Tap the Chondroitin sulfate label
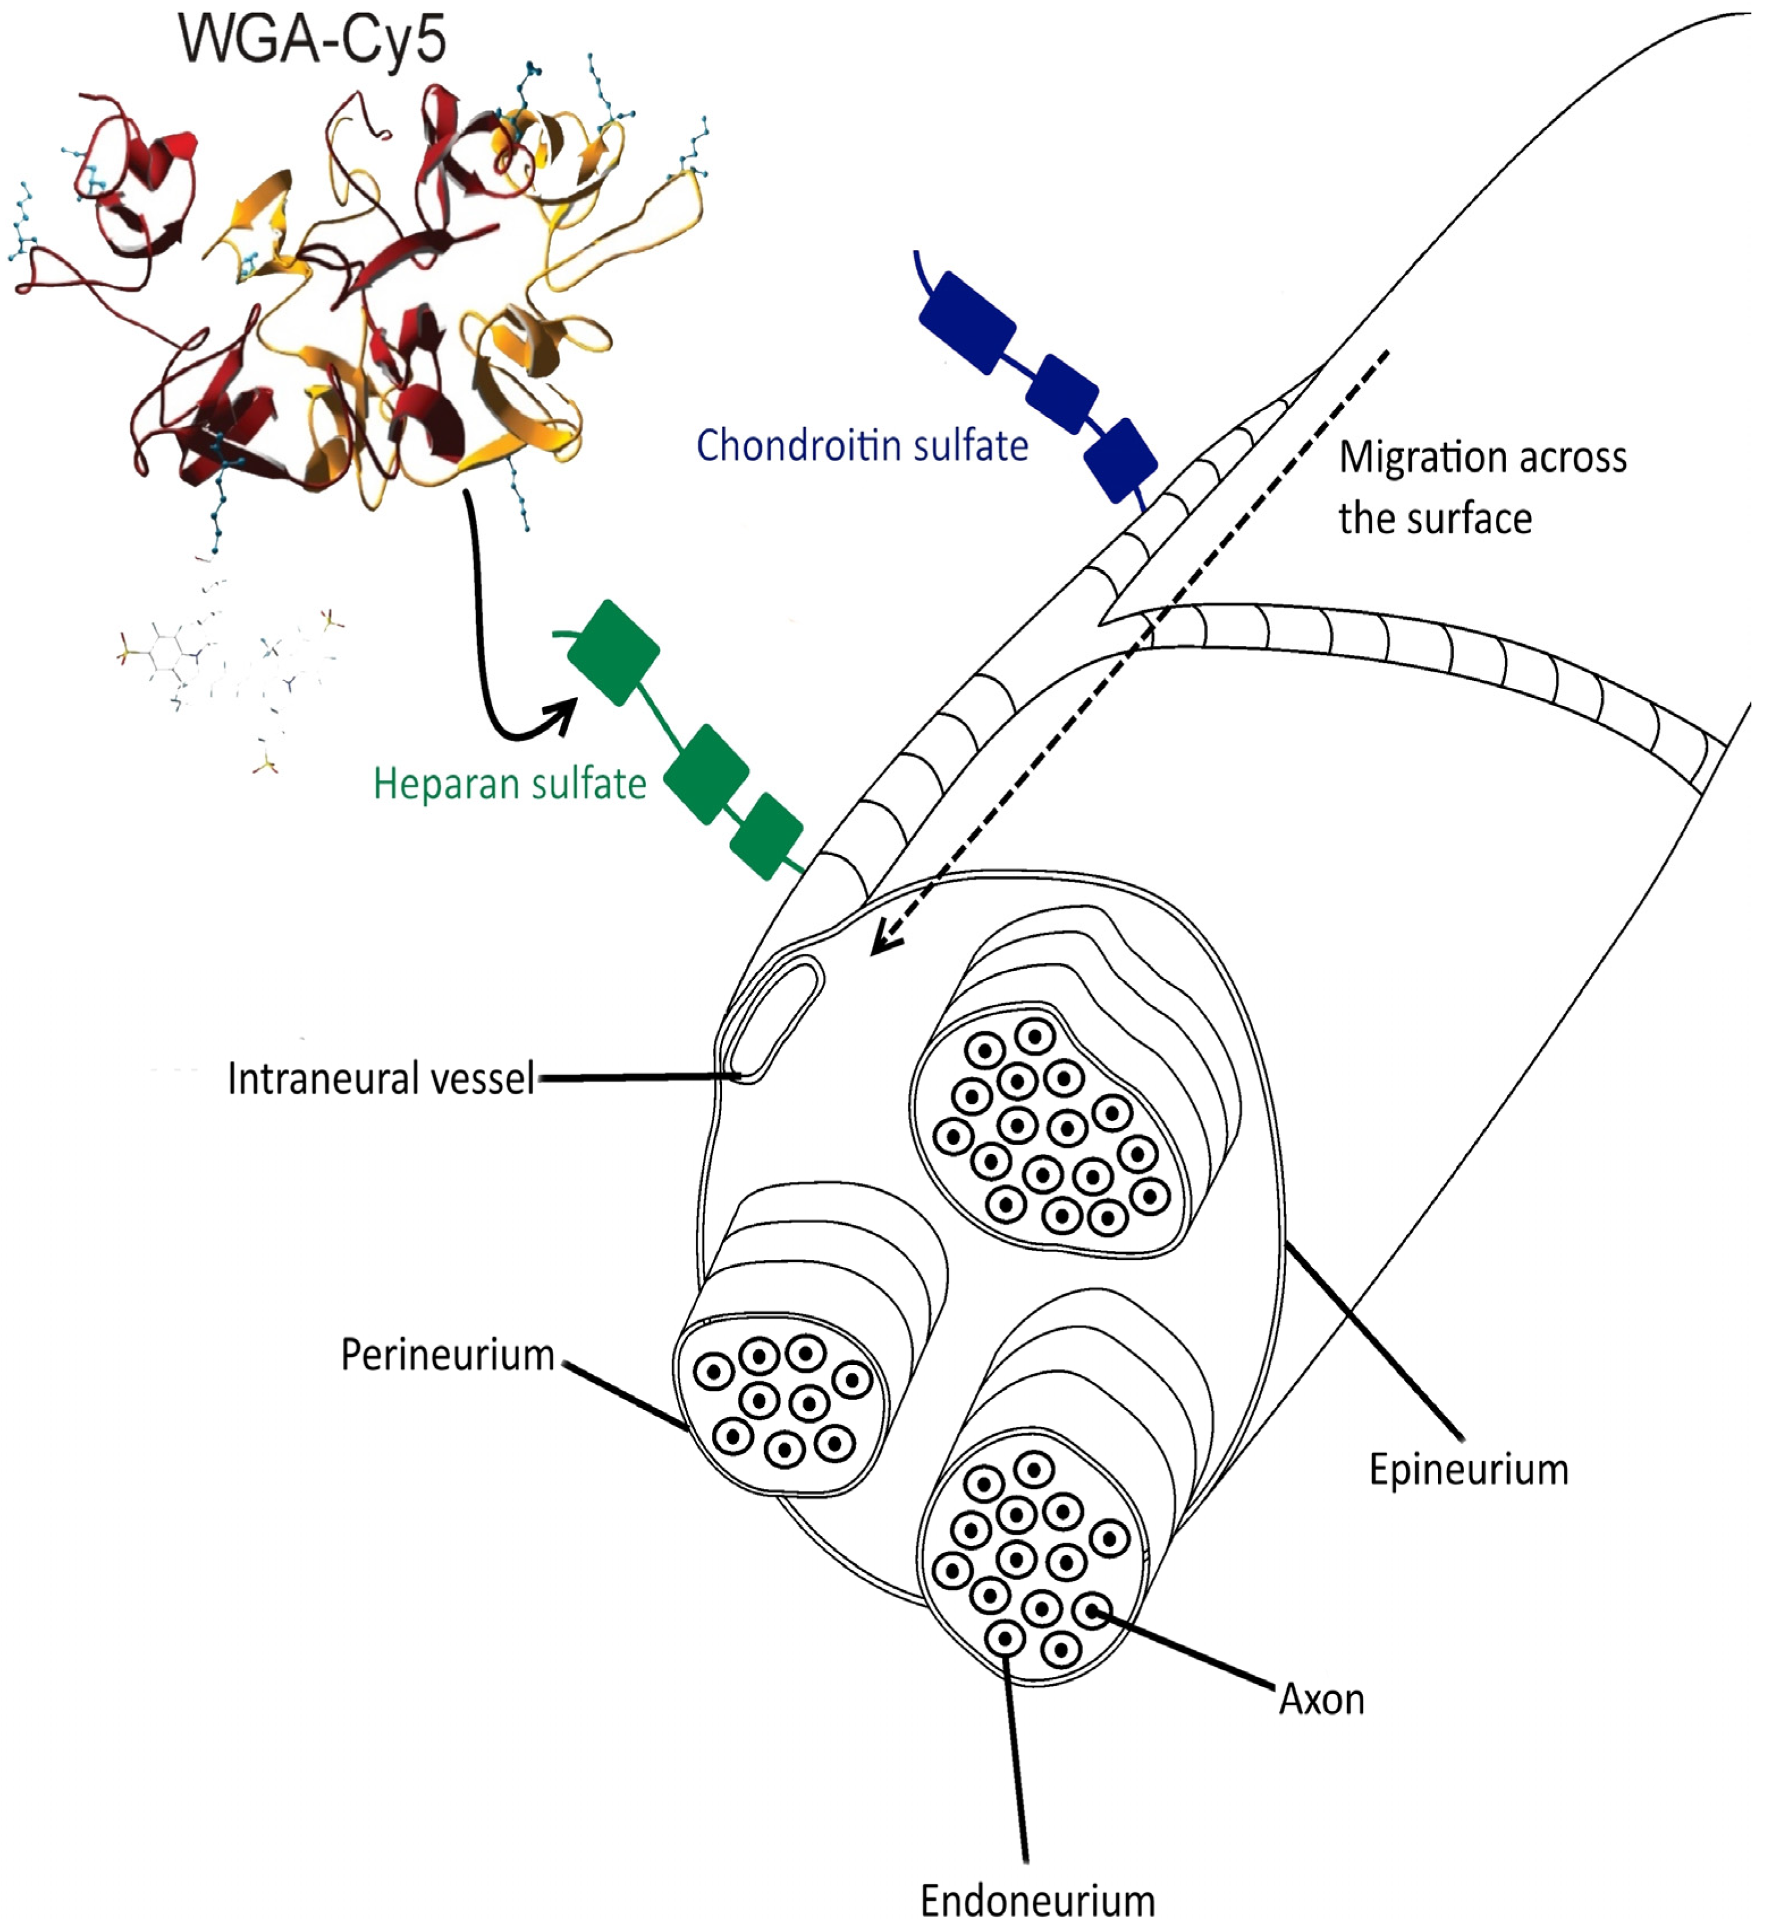863,446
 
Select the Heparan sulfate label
509,784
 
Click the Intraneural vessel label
380,1079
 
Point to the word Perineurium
447,1355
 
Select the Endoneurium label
1037,1898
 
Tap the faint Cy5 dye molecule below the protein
229,669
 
